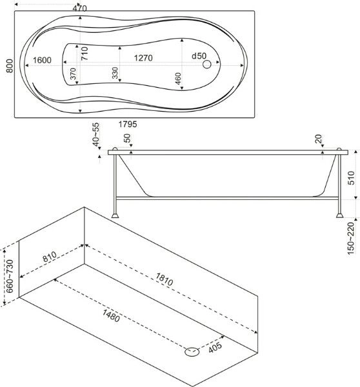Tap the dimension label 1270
143,58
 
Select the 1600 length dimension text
42,60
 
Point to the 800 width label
10,66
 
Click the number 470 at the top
79,8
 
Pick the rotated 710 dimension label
85,54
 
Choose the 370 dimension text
73,74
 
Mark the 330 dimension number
115,73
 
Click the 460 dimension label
178,79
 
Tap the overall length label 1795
128,124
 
